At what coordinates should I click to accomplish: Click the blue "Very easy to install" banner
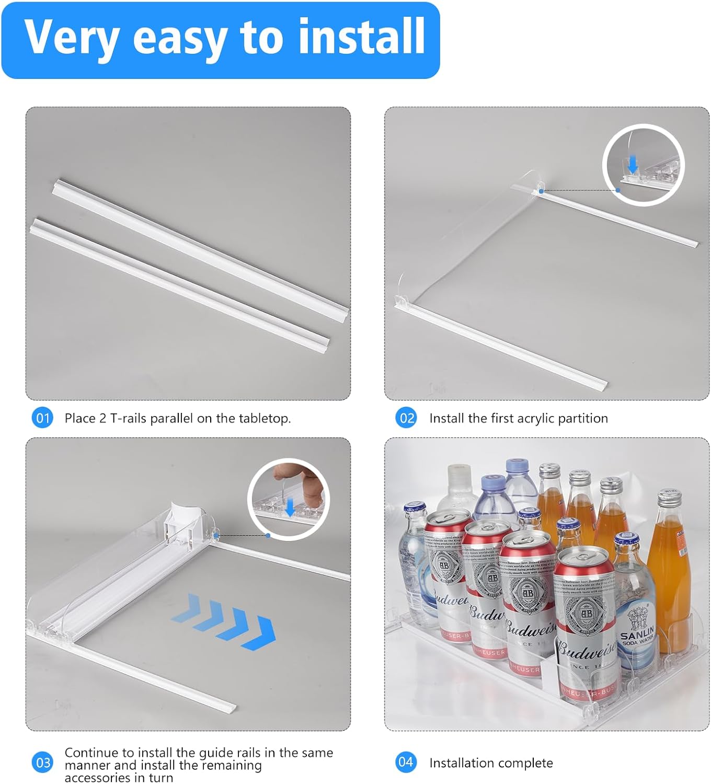pyautogui.click(x=220, y=40)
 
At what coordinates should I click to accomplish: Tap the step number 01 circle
pyautogui.click(x=42, y=418)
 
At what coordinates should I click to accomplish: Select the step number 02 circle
pyautogui.click(x=407, y=418)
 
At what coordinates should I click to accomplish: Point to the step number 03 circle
pyautogui.click(x=43, y=763)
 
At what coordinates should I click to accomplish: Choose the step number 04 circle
pyautogui.click(x=406, y=762)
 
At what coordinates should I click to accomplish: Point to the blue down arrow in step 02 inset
pyautogui.click(x=633, y=165)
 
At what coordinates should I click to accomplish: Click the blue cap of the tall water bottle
pyautogui.click(x=515, y=465)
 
